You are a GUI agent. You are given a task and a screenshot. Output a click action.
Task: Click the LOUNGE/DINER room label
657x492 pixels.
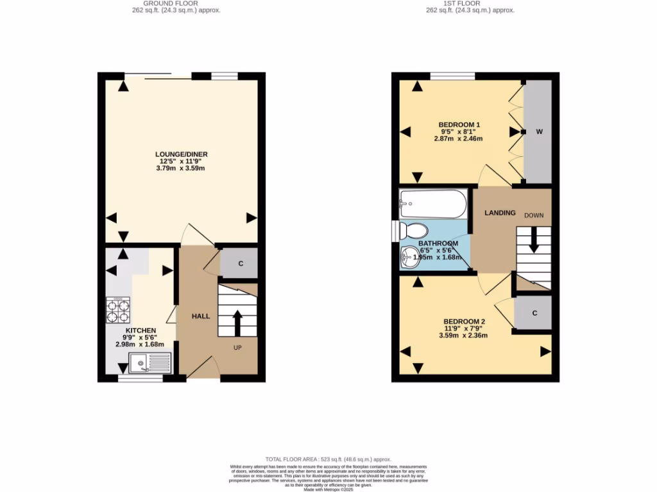pos(181,154)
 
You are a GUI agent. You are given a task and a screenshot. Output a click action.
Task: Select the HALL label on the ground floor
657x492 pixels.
pos(201,316)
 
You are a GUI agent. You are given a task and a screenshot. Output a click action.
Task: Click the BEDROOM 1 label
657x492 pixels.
pos(459,124)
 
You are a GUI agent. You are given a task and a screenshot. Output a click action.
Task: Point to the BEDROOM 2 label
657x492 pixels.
pos(464,322)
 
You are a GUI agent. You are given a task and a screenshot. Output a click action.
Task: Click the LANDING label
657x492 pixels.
pos(500,213)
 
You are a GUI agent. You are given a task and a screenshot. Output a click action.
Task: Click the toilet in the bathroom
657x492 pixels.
pos(415,230)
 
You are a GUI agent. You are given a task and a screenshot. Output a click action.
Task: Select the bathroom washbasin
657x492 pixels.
pos(409,258)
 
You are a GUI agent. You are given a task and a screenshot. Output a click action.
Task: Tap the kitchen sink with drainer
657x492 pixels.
pos(149,364)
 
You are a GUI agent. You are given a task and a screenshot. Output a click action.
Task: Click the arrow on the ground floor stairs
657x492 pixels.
pos(237,322)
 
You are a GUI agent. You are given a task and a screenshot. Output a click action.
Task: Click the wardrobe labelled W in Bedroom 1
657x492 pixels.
pos(539,132)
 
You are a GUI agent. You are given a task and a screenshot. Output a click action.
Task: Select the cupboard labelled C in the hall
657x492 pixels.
pos(240,263)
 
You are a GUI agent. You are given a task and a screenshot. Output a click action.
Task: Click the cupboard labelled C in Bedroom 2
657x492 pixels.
pos(534,313)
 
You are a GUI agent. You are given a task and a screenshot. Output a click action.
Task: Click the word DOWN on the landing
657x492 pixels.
pos(533,215)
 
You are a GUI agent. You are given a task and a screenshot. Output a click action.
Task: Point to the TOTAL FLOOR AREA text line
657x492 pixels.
pos(328,460)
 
